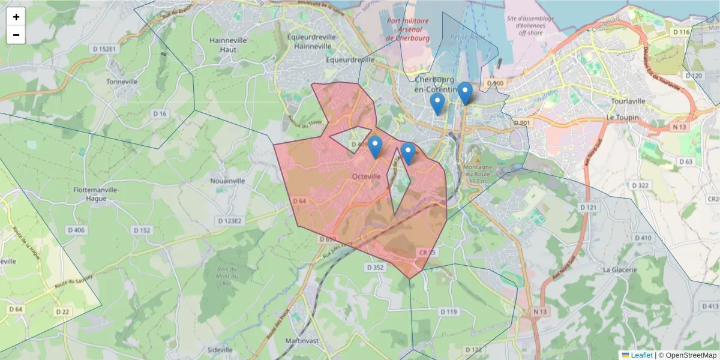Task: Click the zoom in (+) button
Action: [16, 17]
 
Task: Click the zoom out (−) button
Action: [16, 35]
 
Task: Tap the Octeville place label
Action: [366, 176]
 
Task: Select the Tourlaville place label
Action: [628, 101]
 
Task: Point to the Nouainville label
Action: [228, 180]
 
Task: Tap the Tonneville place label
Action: [122, 82]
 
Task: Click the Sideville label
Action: [220, 350]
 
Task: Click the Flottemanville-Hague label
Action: [97, 194]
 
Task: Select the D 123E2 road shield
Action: [230, 221]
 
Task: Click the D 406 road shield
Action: [76, 230]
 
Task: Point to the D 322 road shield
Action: [640, 186]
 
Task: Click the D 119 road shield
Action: [448, 312]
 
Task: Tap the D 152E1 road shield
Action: [104, 49]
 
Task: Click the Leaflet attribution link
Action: [641, 355]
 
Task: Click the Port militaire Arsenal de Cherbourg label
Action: [407, 29]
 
